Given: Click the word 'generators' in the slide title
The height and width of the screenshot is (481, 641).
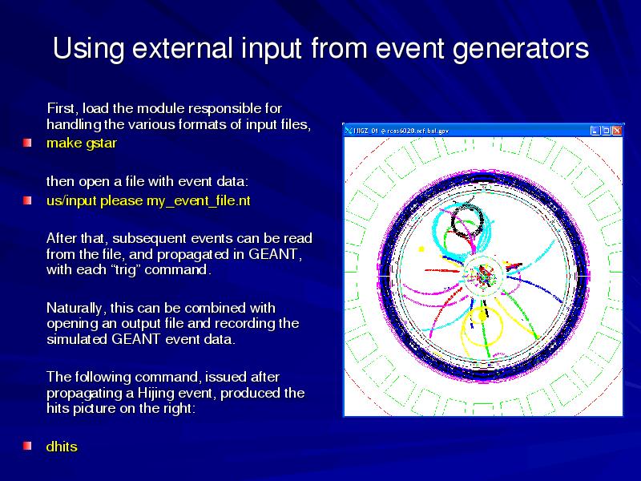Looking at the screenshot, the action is (521, 49).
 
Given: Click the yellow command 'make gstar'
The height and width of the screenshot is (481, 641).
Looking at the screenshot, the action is (82, 143).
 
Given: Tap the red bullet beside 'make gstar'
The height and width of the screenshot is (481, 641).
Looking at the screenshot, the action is (27, 143).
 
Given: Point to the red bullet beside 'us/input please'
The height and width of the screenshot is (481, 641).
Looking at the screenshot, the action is (27, 201).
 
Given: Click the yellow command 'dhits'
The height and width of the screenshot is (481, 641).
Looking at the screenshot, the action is (62, 447).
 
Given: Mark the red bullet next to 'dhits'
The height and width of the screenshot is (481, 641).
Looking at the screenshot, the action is (27, 446).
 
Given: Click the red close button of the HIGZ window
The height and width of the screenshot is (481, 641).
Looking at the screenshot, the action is (616, 131).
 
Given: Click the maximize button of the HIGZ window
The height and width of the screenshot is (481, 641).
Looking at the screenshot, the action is (607, 131).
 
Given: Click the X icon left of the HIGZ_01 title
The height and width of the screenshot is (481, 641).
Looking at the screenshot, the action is (348, 131).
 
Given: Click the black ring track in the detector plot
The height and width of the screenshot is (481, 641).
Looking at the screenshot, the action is (452, 223).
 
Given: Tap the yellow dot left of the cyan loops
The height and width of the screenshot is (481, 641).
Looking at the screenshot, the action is (421, 249).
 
